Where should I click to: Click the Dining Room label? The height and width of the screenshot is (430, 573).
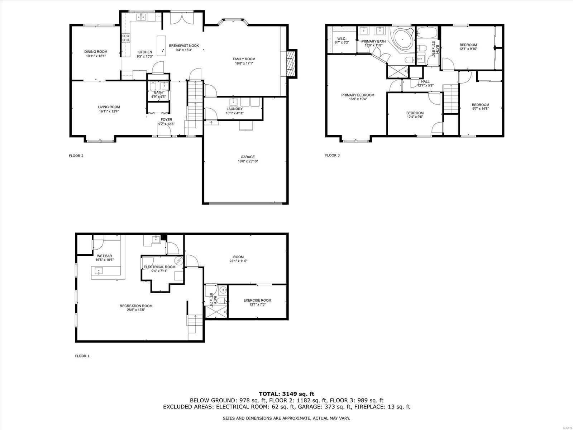tap(96, 52)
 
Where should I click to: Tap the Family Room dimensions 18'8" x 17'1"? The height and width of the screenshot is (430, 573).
tap(244, 63)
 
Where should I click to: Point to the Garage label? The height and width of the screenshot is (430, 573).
tap(248, 157)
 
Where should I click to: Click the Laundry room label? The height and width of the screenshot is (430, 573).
tap(234, 109)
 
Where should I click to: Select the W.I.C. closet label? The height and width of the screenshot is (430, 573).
tap(341, 38)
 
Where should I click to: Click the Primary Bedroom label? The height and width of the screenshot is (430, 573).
tap(357, 95)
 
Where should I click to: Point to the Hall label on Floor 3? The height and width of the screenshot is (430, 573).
tap(425, 81)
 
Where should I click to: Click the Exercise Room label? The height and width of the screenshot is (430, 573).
tap(257, 300)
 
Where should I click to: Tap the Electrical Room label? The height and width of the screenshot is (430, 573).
tap(159, 267)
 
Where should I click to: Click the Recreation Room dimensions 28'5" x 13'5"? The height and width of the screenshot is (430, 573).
tap(136, 310)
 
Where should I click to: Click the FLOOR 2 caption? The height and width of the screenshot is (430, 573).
tap(76, 156)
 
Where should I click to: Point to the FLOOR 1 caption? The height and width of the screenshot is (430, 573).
tap(82, 356)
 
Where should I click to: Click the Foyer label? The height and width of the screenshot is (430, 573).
tap(166, 119)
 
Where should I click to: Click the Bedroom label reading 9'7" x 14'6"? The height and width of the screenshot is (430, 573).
tap(480, 105)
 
